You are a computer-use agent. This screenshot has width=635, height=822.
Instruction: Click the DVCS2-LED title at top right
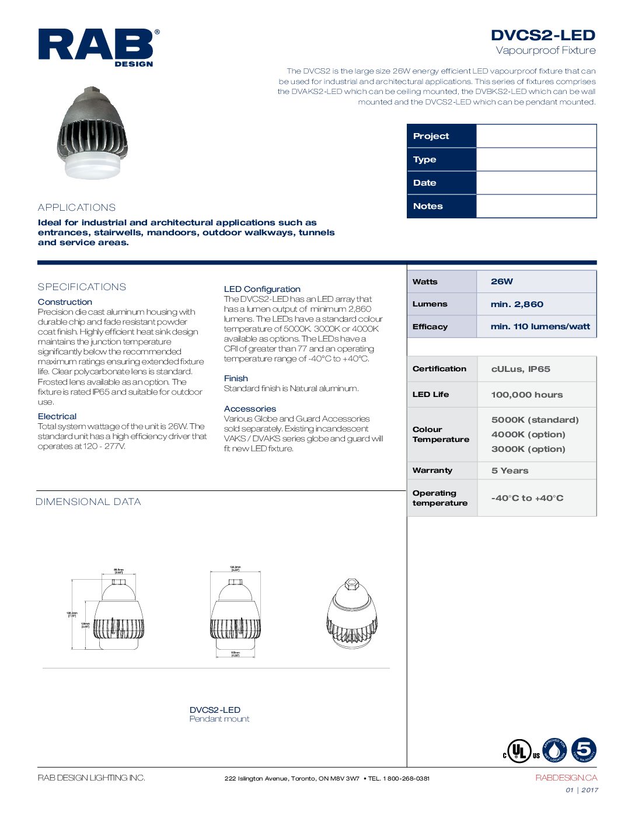click(x=543, y=35)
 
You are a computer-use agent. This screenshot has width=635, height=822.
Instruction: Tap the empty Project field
click(x=536, y=136)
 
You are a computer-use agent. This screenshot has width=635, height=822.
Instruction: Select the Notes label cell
click(x=441, y=206)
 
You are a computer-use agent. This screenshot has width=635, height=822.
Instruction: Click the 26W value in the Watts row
click(x=502, y=281)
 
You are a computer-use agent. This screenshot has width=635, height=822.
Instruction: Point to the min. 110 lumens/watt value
click(x=540, y=326)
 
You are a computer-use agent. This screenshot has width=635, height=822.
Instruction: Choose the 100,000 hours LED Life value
click(x=526, y=395)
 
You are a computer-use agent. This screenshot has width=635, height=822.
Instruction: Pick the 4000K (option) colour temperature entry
click(x=528, y=434)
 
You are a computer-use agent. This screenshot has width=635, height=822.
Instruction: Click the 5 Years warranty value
click(x=510, y=471)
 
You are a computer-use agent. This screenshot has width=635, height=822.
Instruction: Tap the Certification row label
click(x=439, y=369)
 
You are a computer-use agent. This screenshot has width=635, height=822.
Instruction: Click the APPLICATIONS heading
click(x=76, y=207)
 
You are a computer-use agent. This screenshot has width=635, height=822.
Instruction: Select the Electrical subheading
click(x=57, y=416)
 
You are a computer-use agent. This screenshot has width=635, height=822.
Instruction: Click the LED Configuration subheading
click(x=262, y=289)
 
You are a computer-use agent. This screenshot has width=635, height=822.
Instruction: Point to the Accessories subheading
click(x=250, y=409)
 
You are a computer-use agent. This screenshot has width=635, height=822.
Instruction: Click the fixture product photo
click(x=92, y=133)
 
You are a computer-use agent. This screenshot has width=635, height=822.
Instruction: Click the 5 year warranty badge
click(x=584, y=750)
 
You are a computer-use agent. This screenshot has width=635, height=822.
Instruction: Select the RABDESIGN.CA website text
click(x=566, y=778)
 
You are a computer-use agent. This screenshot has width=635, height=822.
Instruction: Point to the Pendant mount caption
click(x=219, y=719)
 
